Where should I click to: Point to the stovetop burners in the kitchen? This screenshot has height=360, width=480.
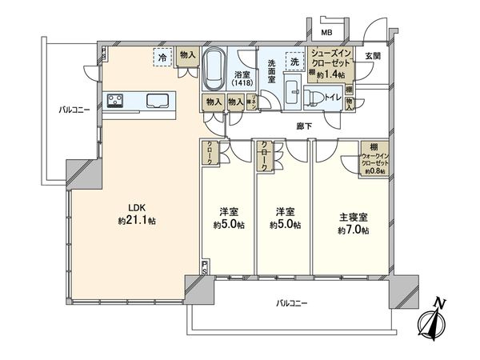(116, 100)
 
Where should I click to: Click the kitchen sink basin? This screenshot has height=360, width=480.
(158, 100)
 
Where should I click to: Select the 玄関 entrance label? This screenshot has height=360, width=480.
(374, 55)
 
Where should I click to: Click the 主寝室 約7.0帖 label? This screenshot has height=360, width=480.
(352, 223)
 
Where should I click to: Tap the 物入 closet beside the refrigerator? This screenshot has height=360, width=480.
(187, 55)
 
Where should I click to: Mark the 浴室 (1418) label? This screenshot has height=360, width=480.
(242, 77)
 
